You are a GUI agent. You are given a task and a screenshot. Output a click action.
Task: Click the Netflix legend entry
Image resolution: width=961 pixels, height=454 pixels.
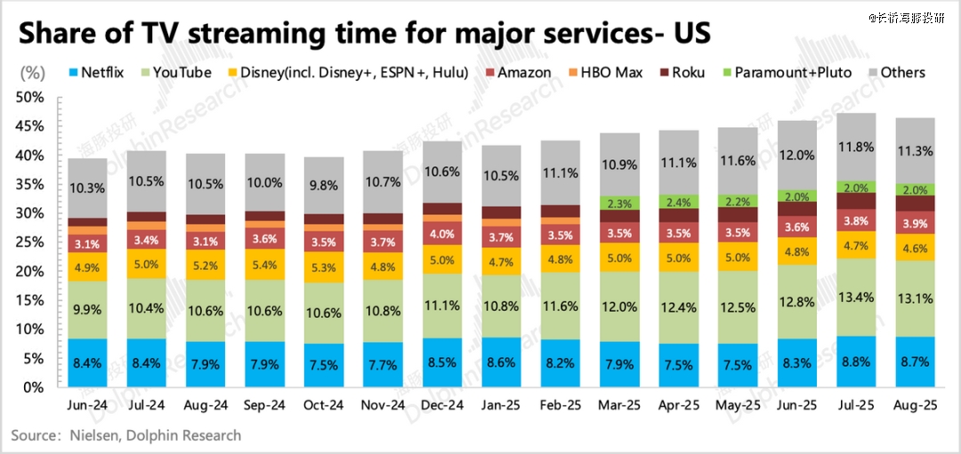click(x=101, y=72)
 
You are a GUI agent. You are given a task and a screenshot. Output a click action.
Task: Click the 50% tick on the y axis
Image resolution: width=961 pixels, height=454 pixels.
click(x=33, y=97)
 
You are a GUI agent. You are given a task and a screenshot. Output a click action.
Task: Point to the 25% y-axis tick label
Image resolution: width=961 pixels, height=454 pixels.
click(x=33, y=242)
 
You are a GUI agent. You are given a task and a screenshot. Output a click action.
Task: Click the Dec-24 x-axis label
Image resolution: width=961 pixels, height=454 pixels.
click(x=441, y=404)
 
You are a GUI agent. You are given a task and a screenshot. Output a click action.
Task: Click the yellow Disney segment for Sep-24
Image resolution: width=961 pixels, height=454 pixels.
click(x=265, y=264)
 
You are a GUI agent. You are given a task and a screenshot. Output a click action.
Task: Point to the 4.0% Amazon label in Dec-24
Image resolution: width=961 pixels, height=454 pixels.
click(x=441, y=235)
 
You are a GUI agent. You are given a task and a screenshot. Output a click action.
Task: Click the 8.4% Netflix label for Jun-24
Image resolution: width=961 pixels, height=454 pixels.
click(x=89, y=364)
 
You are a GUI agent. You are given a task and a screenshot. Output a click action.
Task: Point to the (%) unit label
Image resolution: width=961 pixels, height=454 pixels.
click(x=32, y=72)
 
